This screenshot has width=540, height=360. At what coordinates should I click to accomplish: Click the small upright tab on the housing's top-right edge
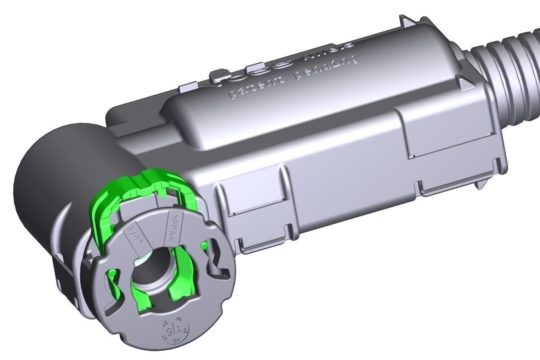[x=412, y=22]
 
